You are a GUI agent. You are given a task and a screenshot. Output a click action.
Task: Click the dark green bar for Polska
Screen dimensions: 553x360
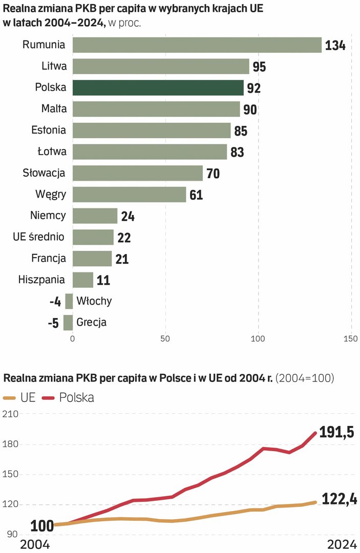pyautogui.click(x=158, y=88)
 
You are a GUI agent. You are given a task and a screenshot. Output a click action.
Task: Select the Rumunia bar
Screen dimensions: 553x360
pyautogui.click(x=197, y=45)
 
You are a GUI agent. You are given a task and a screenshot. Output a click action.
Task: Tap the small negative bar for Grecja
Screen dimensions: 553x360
pyautogui.click(x=68, y=323)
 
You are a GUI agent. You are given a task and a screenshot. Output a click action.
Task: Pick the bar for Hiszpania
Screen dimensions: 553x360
pyautogui.click(x=83, y=280)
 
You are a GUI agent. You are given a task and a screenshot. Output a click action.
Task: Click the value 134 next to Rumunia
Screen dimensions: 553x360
pyautogui.click(x=335, y=46)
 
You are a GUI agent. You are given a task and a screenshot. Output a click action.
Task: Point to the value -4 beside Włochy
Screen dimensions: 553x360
pyautogui.click(x=55, y=302)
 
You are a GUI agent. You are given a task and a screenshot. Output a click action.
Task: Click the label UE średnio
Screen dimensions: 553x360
pyautogui.click(x=39, y=237)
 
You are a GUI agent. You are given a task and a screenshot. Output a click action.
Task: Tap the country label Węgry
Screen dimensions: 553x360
pyautogui.click(x=50, y=195)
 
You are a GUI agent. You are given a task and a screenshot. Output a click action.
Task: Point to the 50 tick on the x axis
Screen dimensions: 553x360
pyautogui.click(x=165, y=338)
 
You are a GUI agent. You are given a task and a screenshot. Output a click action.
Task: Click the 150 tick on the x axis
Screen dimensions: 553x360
pyautogui.click(x=351, y=338)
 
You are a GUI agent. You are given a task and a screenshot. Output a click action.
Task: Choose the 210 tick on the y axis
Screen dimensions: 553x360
pyautogui.click(x=10, y=415)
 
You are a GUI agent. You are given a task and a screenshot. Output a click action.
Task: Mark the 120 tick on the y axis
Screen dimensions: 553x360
pyautogui.click(x=10, y=504)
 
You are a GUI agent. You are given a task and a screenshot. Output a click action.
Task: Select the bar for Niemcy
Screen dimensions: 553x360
pyautogui.click(x=95, y=216)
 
